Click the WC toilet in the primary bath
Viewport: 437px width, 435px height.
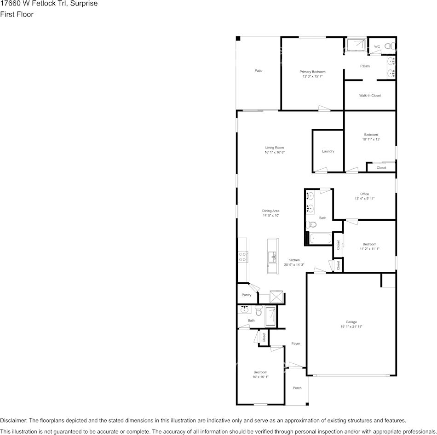point(390,46)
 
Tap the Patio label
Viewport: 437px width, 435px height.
point(259,71)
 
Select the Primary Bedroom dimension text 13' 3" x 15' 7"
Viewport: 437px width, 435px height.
point(312,76)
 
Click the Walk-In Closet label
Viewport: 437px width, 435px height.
point(370,96)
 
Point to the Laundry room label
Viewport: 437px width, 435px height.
point(328,151)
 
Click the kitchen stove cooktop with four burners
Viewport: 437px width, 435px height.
point(242,257)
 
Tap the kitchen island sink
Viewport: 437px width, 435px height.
point(272,257)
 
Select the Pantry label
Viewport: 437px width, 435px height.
point(247,295)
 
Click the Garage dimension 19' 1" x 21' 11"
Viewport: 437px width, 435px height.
point(351,326)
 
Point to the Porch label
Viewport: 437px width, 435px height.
point(297,388)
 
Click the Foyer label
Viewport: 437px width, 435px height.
point(296,343)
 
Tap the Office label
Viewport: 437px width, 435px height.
point(364,194)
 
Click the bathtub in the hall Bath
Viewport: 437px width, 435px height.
point(320,239)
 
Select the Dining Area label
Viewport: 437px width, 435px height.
point(270,211)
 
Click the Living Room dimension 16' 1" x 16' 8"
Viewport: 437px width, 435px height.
point(275,152)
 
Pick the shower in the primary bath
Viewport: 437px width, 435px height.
point(356,44)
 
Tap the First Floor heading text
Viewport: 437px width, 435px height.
point(17,14)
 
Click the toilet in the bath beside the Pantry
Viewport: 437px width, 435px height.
point(259,310)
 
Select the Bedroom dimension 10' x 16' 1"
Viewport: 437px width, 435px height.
point(260,377)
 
